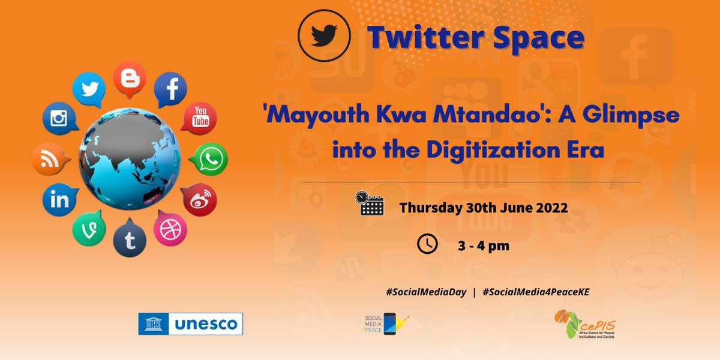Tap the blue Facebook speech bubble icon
point(171,90)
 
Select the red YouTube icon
point(199,117)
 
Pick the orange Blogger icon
point(129,79)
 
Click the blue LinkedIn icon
point(59,199)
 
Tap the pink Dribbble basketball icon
point(170,229)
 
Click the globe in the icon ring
point(129,158)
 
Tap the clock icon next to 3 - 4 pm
point(427,244)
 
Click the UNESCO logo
point(190,324)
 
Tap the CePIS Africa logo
point(585,324)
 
